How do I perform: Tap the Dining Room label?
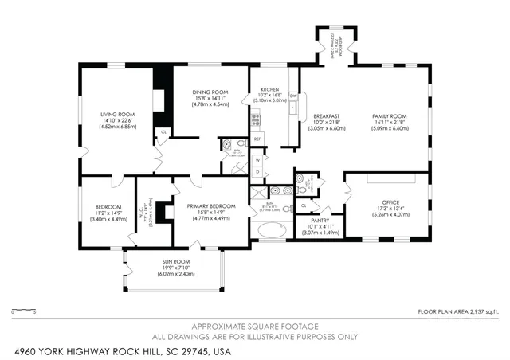click(x=210, y=92)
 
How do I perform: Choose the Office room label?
click(x=390, y=202)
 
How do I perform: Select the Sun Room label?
click(x=176, y=261)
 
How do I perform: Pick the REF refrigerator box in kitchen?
click(x=257, y=139)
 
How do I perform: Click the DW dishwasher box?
click(x=293, y=96)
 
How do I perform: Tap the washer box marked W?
click(x=258, y=159)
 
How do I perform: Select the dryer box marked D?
click(x=258, y=172)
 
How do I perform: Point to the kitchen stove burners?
click(x=256, y=121)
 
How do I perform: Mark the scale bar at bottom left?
click(x=25, y=310)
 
